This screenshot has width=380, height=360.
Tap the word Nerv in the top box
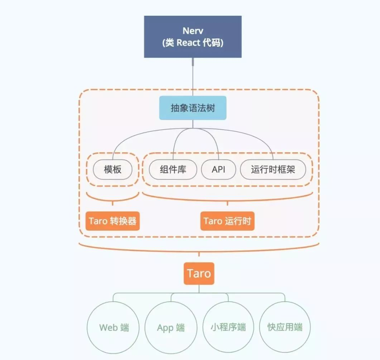tap(193, 30)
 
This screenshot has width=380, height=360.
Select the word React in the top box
tap(188, 43)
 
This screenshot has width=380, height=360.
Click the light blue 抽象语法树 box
tap(193, 108)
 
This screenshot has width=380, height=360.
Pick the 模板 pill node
tap(112, 169)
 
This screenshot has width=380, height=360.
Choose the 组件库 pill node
tap(173, 169)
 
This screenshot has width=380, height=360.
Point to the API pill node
tap(218, 169)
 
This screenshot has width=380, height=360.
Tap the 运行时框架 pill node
tap(273, 169)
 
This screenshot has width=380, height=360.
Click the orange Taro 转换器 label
tap(112, 221)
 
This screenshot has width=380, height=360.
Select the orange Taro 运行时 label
tap(227, 221)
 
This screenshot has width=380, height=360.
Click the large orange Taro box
tap(199, 274)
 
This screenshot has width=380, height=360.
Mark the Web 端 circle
tap(114, 327)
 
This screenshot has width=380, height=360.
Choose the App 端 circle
tap(171, 327)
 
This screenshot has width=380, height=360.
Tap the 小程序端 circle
tap(229, 327)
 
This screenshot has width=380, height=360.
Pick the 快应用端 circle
tap(285, 327)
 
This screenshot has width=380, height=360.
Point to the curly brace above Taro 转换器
tap(112, 199)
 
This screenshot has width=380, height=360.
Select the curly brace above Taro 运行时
tap(227, 199)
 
